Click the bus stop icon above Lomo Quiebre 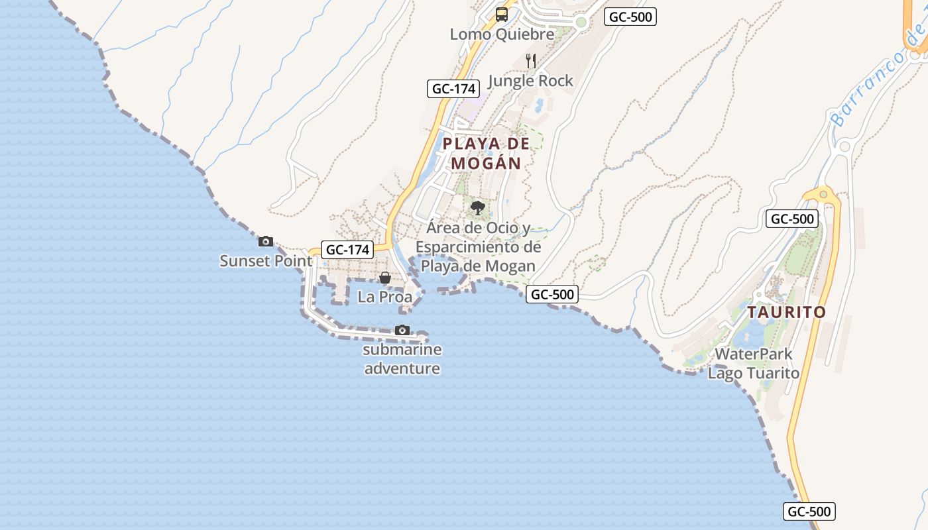coord(502,14)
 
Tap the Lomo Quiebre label coord(502,34)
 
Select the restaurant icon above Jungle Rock coord(530,61)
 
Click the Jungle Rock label coord(530,81)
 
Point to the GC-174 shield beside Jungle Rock coord(453,89)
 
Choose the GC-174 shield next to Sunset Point coord(347,250)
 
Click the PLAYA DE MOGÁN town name coord(487,153)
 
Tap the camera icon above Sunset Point coord(266,242)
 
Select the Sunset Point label coord(266,261)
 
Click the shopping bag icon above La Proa coord(384,278)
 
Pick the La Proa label coord(384,297)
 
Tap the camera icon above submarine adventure coord(402,330)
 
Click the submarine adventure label coord(402,359)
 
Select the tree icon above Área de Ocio coord(477,209)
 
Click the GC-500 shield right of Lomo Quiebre coord(630,17)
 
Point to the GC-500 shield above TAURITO coord(792,219)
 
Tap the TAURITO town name coord(787,312)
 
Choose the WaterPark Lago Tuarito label coord(754,364)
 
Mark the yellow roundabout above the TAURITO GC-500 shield coord(823,194)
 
